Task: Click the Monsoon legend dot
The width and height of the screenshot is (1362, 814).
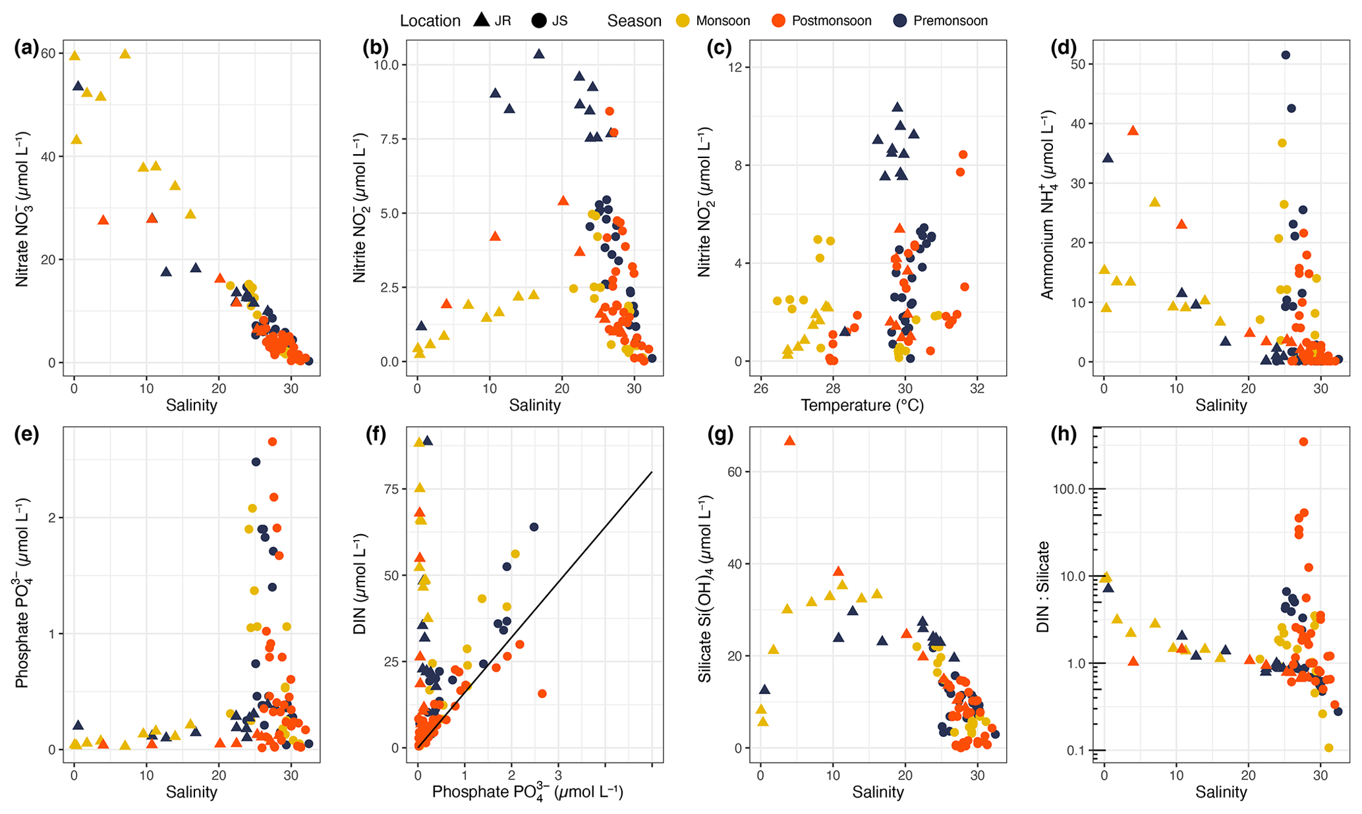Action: tap(684, 21)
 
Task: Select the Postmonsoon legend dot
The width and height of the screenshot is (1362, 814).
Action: tap(780, 21)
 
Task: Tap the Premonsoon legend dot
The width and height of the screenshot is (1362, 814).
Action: tap(901, 21)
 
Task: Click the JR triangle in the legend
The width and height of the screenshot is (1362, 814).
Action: tap(482, 20)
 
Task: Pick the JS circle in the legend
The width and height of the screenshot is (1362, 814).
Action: tap(539, 21)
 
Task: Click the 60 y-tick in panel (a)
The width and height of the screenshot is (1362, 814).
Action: tap(47, 53)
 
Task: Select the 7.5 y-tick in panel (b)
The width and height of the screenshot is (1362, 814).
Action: tap(386, 139)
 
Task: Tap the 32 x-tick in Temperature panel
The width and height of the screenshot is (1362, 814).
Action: tap(977, 388)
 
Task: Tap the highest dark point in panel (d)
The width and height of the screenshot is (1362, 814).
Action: tap(1285, 55)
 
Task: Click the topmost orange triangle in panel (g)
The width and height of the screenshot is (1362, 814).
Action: tap(790, 441)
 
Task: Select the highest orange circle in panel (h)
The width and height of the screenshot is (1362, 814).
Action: tap(1303, 442)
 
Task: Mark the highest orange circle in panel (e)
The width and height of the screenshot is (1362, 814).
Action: tap(272, 442)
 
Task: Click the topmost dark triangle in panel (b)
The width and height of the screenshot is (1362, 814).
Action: tap(539, 54)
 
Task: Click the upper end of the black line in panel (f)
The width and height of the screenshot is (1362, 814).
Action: tap(652, 472)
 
